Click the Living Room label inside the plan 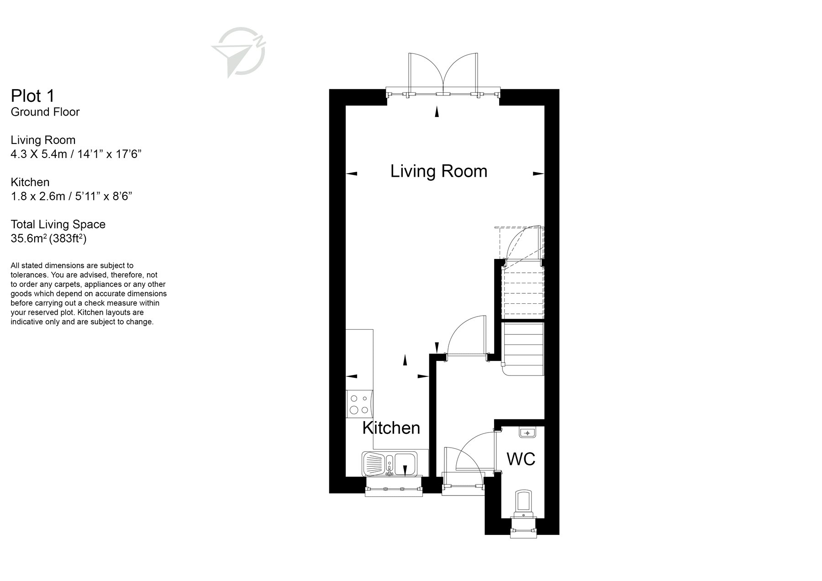(438, 171)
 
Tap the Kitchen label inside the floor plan (391, 428)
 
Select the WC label (521, 459)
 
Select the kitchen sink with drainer (389, 464)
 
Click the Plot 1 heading (33, 96)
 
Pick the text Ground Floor (45, 112)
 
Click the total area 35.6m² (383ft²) (48, 238)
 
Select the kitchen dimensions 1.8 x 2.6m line (71, 196)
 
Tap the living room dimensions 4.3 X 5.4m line (76, 154)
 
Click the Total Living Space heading (58, 224)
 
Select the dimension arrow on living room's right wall (538, 174)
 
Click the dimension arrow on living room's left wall (351, 174)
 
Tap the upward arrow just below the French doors (437, 111)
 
